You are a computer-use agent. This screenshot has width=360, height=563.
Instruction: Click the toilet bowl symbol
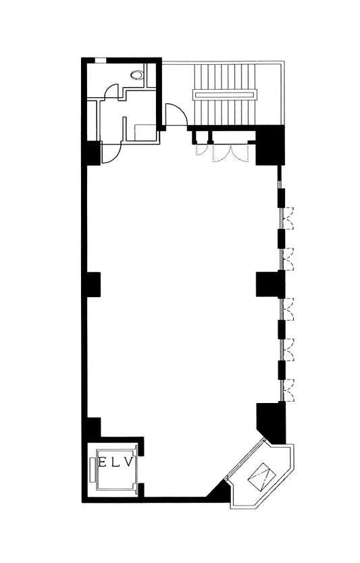137,75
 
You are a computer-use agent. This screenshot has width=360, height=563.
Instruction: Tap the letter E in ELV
103,462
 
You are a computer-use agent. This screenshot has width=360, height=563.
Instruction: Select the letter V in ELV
130,462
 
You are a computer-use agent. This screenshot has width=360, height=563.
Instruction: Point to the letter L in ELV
116,462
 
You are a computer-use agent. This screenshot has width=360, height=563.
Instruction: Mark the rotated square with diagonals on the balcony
262,476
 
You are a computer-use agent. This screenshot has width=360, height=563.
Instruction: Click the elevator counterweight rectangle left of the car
93,470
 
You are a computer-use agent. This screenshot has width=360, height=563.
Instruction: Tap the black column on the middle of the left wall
94,284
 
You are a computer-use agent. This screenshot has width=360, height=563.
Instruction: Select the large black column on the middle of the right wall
270,284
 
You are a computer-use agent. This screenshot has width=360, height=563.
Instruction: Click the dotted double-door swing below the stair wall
230,154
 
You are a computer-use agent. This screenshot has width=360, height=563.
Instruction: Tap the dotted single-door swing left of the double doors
201,151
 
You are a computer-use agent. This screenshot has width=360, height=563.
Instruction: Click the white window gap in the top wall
100,60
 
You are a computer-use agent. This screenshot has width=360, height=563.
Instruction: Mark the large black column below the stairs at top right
270,145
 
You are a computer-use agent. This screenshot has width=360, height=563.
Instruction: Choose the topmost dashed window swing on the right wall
288,218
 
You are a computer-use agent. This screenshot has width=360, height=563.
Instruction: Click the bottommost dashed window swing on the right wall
288,390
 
